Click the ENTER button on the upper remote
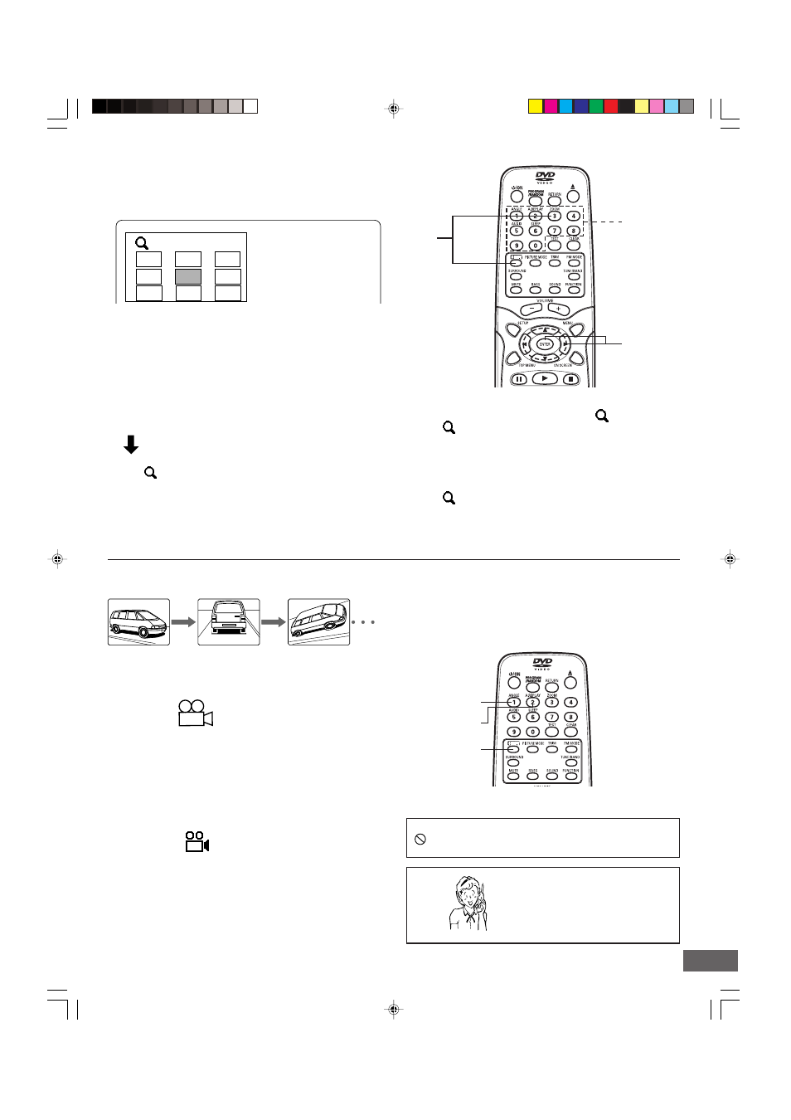(545, 344)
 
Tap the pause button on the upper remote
(518, 379)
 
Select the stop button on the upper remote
(570, 379)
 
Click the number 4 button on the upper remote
(573, 216)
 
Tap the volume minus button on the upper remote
(531, 309)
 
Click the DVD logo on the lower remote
(542, 663)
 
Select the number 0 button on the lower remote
(532, 732)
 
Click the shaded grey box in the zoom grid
(188, 276)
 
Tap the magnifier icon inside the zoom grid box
(142, 243)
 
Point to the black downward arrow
(131, 445)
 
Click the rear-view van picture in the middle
(229, 621)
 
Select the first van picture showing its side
(138, 621)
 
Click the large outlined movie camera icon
(196, 713)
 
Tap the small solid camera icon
(197, 842)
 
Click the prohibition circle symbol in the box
(420, 839)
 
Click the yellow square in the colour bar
(536, 106)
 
